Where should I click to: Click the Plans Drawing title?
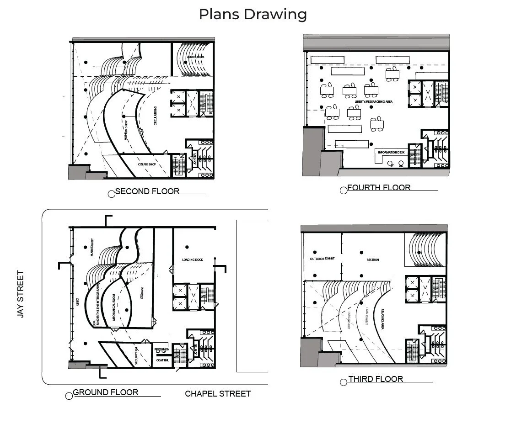253,14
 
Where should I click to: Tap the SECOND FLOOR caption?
147,191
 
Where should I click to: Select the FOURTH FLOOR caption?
379,187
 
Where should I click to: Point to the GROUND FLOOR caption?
106,392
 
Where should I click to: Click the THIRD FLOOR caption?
376,379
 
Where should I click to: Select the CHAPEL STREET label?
218,393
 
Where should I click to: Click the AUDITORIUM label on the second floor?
195,57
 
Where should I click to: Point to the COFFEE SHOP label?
147,164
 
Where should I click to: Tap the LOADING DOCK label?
192,260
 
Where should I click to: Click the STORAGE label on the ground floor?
142,293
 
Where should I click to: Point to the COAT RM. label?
162,360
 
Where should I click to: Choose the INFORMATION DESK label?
391,152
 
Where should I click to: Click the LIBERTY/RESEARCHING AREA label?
373,101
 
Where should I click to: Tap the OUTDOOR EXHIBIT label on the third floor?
322,259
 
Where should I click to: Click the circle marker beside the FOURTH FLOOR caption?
344,191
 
